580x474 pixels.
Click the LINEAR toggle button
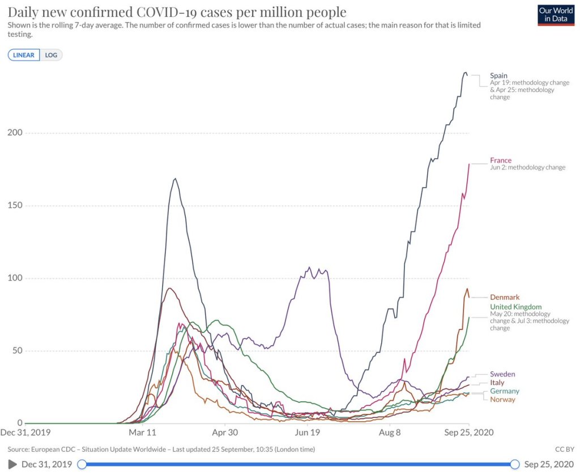[24, 55]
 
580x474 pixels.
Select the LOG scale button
[51, 55]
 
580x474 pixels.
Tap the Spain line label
[498, 75]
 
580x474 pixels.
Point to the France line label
[501, 160]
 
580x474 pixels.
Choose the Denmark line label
[505, 297]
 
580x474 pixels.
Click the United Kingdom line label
[515, 307]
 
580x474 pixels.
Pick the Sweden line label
[502, 374]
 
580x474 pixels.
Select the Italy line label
[497, 383]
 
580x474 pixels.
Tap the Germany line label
[504, 391]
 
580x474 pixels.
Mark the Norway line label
[502, 400]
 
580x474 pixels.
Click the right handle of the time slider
[515, 464]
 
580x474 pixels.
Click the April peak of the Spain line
[176, 179]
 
